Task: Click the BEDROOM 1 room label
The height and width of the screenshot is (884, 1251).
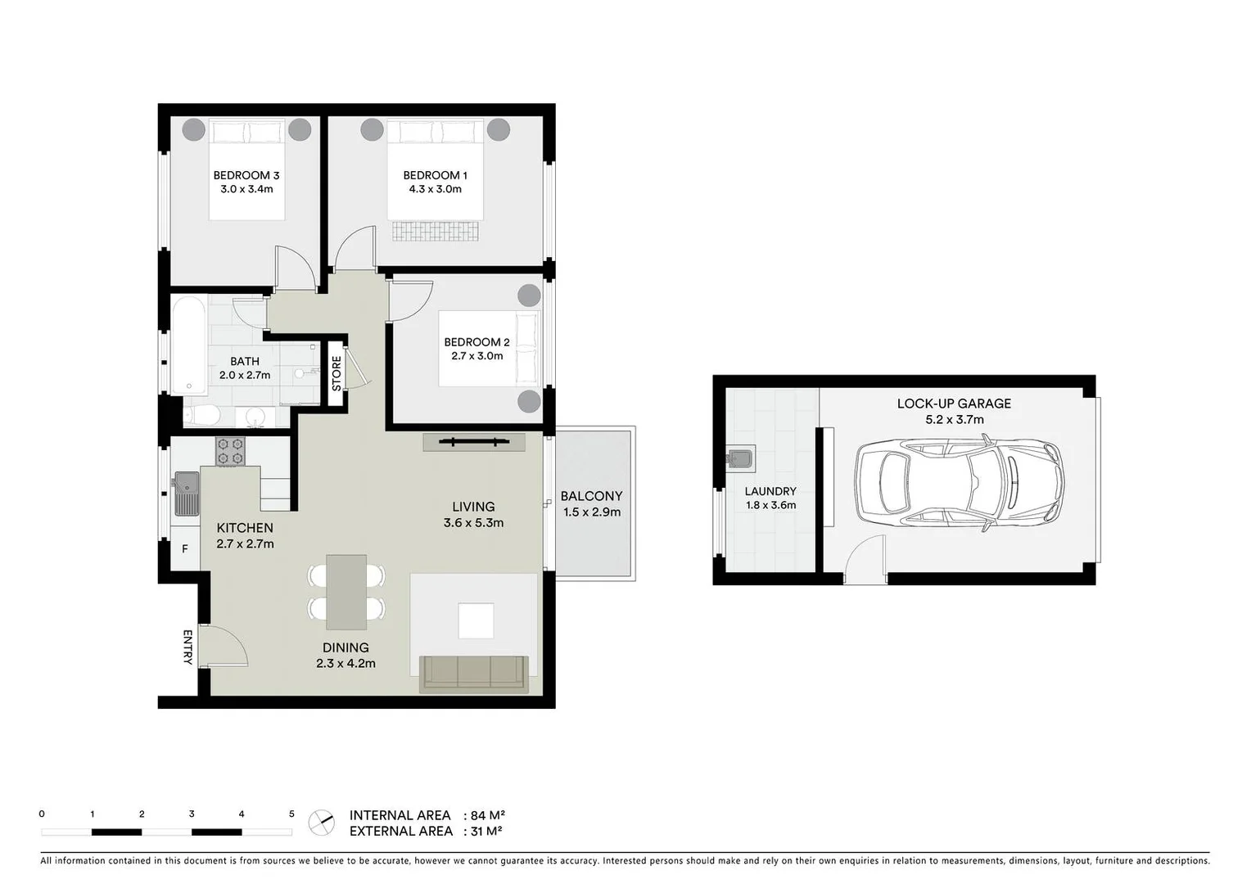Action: coord(435,175)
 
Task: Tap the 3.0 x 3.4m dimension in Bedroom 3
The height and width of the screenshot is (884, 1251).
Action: coord(246,189)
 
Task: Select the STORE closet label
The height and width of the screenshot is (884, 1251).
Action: coord(336,372)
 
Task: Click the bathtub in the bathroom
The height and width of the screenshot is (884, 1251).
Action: coord(189,345)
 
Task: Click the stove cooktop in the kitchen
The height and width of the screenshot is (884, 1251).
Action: coord(230,451)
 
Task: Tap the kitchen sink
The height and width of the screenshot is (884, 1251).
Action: coord(187,493)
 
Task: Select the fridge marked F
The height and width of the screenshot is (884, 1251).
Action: coord(185,549)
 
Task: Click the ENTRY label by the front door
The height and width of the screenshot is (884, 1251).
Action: coord(187,647)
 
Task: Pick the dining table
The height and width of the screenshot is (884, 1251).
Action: coord(346,592)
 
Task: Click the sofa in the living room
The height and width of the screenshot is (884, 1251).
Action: coord(474,674)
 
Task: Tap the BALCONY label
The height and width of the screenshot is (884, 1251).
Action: coord(591,496)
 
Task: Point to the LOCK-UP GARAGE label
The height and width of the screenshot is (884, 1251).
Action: coord(954,404)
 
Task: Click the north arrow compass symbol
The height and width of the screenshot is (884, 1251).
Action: coord(322,823)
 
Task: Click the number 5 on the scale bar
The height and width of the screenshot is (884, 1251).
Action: coord(291,814)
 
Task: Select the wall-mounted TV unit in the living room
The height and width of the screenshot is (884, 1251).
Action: coord(474,443)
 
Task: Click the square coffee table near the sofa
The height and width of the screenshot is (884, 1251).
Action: coord(476,620)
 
